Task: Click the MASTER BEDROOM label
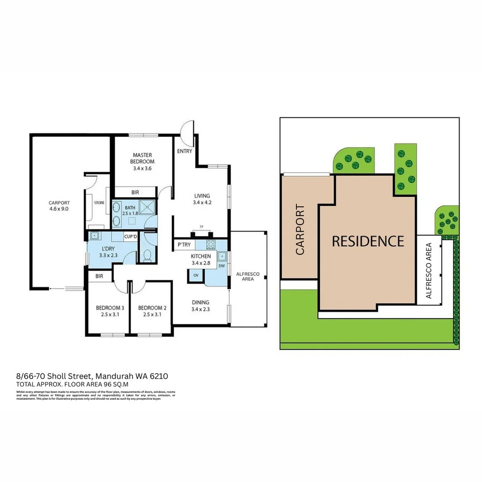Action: (142, 158)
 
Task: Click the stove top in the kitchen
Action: (211, 245)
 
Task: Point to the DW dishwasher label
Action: (221, 266)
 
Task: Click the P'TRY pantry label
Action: (183, 245)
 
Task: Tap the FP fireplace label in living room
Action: (202, 227)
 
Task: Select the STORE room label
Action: (99, 203)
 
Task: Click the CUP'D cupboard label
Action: (130, 237)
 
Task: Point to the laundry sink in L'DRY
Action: (95, 237)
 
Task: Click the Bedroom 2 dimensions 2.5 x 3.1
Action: (152, 314)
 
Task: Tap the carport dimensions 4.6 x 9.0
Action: (59, 208)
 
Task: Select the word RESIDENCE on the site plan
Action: (368, 241)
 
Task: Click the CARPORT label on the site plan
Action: (300, 230)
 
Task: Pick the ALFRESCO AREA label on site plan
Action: (428, 270)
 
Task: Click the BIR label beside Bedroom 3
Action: (99, 277)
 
